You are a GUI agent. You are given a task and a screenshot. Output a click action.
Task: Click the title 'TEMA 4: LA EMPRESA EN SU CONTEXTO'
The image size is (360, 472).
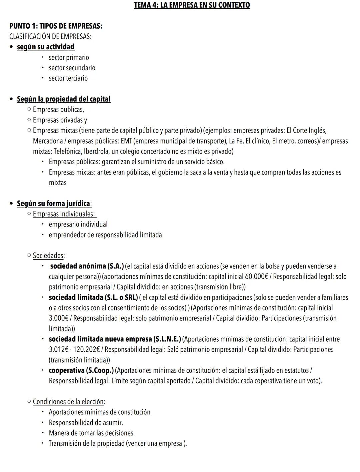tap(192, 5)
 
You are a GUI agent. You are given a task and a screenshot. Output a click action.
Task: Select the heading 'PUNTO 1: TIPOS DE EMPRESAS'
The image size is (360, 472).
tap(56, 26)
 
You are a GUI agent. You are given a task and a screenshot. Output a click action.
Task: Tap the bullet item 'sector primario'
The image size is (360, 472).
tap(69, 57)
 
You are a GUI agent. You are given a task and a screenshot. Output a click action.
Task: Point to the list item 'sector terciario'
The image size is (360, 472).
tap(68, 78)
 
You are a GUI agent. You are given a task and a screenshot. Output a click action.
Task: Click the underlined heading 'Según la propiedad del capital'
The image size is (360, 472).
tap(63, 99)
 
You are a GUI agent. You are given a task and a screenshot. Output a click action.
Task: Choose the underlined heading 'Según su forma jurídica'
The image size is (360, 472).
tap(54, 203)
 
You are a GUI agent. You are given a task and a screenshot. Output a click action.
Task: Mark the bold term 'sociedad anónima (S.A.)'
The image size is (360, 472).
tap(87, 266)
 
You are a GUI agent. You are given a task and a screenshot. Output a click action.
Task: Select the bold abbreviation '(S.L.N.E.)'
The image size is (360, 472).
tap(167, 339)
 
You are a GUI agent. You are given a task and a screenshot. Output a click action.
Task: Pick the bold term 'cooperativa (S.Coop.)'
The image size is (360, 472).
tap(81, 370)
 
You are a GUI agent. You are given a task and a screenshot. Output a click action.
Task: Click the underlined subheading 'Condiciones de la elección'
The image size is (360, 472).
tap(68, 402)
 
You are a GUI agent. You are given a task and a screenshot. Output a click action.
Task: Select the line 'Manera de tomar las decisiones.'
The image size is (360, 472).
tap(92, 433)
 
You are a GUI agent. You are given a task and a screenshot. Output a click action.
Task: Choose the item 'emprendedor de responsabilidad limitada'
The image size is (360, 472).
tap(105, 235)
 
